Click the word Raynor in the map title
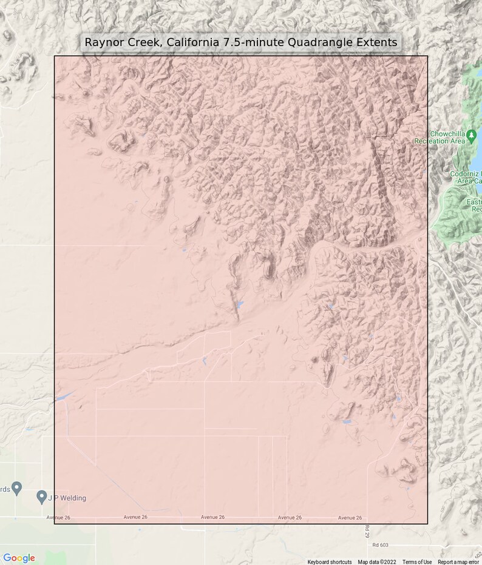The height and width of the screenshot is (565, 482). coord(104,42)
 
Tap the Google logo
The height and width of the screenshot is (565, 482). coord(19,558)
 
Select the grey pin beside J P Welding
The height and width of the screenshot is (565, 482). coord(41,497)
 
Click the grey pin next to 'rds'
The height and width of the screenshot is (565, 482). coord(17,487)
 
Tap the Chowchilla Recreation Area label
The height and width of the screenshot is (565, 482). coord(447,138)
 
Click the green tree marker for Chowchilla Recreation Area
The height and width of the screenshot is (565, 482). coord(472,133)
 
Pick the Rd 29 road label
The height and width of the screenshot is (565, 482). coord(367,532)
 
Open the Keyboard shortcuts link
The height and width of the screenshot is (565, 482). coord(329,562)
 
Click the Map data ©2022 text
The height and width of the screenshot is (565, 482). coord(376,562)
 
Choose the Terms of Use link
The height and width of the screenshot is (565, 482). coord(417,562)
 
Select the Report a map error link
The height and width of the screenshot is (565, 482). coord(458,562)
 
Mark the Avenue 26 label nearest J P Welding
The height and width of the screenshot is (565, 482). coord(58,517)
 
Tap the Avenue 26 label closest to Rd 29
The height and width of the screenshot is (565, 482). coord(350,518)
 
